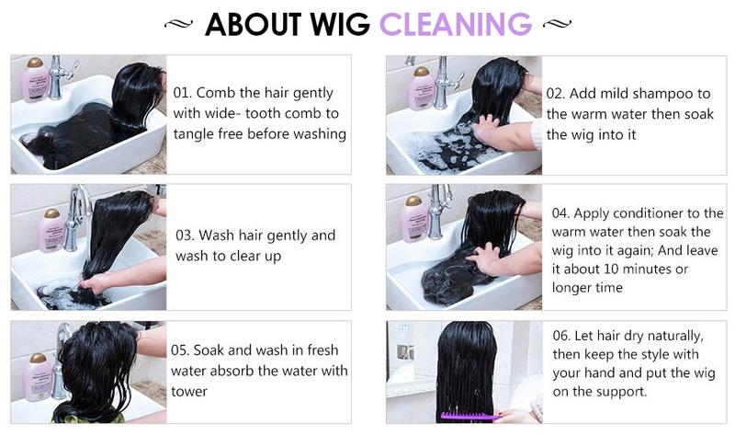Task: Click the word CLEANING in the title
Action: pyautogui.click(x=455, y=25)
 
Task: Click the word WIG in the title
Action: pyautogui.click(x=340, y=25)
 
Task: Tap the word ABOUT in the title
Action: pyautogui.click(x=254, y=25)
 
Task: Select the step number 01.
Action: pyautogui.click(x=182, y=92)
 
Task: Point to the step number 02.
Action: pyautogui.click(x=556, y=93)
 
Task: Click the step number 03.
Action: pyautogui.click(x=185, y=235)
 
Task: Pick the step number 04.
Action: pyautogui.click(x=560, y=213)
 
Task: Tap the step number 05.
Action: pyautogui.click(x=179, y=350)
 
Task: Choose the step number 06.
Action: pyautogui.click(x=561, y=336)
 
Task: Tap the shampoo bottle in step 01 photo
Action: pyautogui.click(x=36, y=80)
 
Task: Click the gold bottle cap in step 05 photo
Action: pyautogui.click(x=38, y=359)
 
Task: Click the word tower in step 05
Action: pyautogui.click(x=189, y=392)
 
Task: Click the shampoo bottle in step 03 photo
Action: pyautogui.click(x=51, y=230)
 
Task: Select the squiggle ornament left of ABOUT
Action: pyautogui.click(x=178, y=24)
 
